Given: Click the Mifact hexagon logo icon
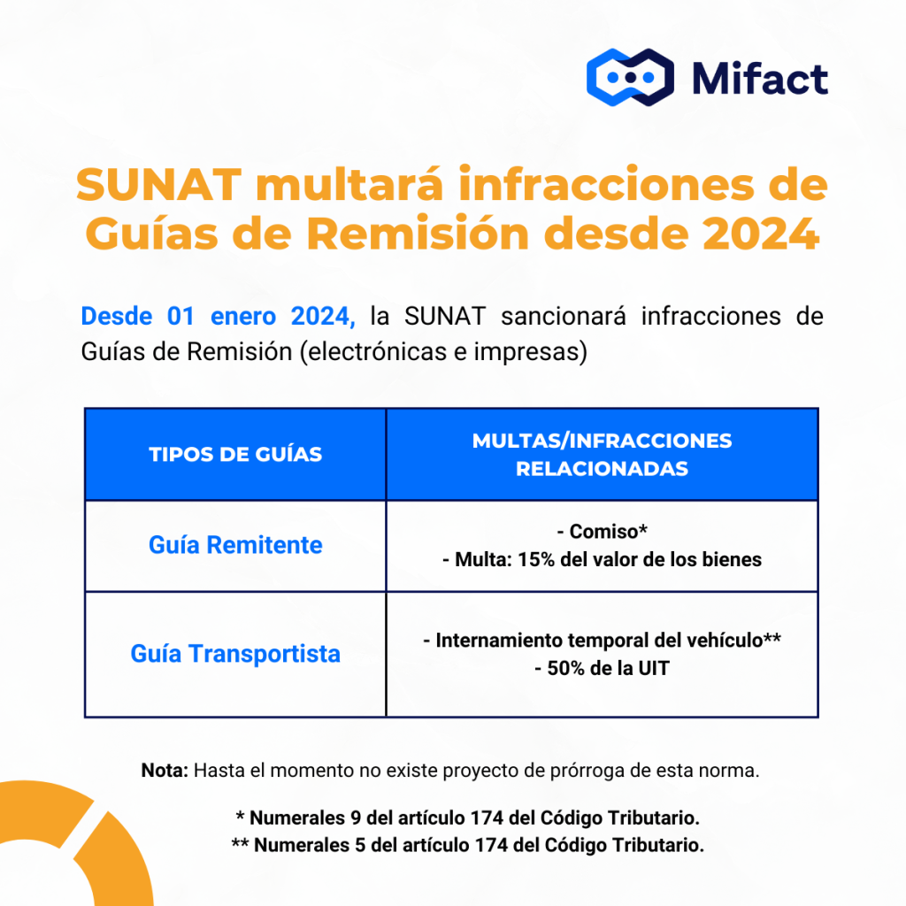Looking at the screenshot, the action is [x=630, y=78].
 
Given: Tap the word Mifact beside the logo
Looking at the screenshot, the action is [x=760, y=78].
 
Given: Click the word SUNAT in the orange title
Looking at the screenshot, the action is [x=158, y=185].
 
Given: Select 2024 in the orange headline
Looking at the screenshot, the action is [x=761, y=234].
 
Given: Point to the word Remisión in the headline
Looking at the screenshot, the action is [x=418, y=234].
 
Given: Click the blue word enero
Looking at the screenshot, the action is [x=243, y=317].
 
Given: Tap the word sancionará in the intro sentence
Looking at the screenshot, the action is [x=564, y=317].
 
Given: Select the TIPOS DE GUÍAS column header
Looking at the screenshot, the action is [x=235, y=454].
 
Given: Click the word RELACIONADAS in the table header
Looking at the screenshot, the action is [x=602, y=469].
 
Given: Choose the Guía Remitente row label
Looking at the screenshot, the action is [x=235, y=545].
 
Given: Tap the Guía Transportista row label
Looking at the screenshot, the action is [x=235, y=654].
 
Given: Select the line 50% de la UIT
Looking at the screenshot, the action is [x=602, y=669].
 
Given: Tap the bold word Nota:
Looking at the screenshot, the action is [x=165, y=771].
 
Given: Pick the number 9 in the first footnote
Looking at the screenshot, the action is [x=356, y=818].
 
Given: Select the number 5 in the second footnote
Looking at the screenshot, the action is [x=360, y=845].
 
